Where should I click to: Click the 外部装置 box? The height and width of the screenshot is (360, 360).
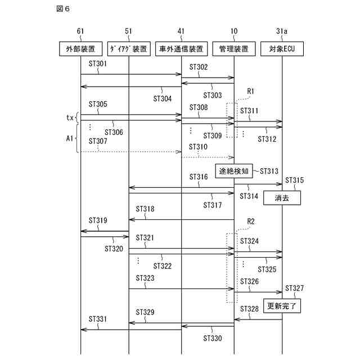pos(80,49)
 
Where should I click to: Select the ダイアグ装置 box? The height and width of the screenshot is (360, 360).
pos(129,49)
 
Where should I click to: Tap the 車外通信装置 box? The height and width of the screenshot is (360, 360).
pos(181,49)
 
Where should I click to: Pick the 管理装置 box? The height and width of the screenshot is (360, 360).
pos(234,49)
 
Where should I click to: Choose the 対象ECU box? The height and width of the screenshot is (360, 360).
pos(282,49)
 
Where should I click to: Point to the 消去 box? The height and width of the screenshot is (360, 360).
pos(282,198)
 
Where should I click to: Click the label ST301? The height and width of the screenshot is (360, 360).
pos(98,64)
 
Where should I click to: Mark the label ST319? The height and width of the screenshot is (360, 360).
pos(98,220)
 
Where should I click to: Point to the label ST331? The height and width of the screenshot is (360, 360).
pos(98,319)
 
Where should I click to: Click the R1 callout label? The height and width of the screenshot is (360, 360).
pos(251,91)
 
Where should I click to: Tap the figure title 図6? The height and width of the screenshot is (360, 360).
pos(64,10)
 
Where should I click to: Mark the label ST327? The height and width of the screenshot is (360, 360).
pos(295,289)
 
